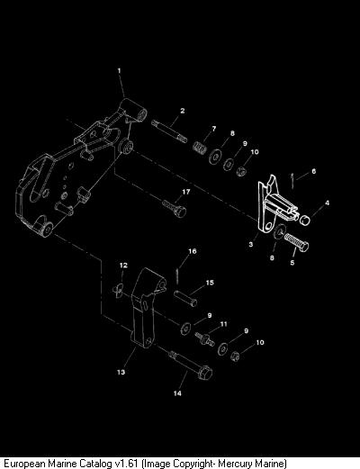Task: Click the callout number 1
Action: tap(119, 71)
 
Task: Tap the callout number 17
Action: tap(186, 192)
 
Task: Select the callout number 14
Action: tap(177, 393)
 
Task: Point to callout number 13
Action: tap(121, 372)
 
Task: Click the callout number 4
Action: tap(327, 203)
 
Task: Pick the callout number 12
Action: tap(123, 266)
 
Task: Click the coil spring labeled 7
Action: tap(200, 147)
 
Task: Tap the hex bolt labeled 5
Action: tap(296, 242)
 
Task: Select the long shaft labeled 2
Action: tap(169, 131)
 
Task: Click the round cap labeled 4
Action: tap(305, 221)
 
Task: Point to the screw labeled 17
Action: tap(175, 208)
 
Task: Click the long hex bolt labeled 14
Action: tap(191, 365)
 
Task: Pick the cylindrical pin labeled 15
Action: tap(185, 298)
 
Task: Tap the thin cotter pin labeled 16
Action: tap(177, 275)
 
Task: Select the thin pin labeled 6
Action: tap(292, 181)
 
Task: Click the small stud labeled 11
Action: tap(204, 338)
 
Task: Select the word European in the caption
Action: tap(22, 464)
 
